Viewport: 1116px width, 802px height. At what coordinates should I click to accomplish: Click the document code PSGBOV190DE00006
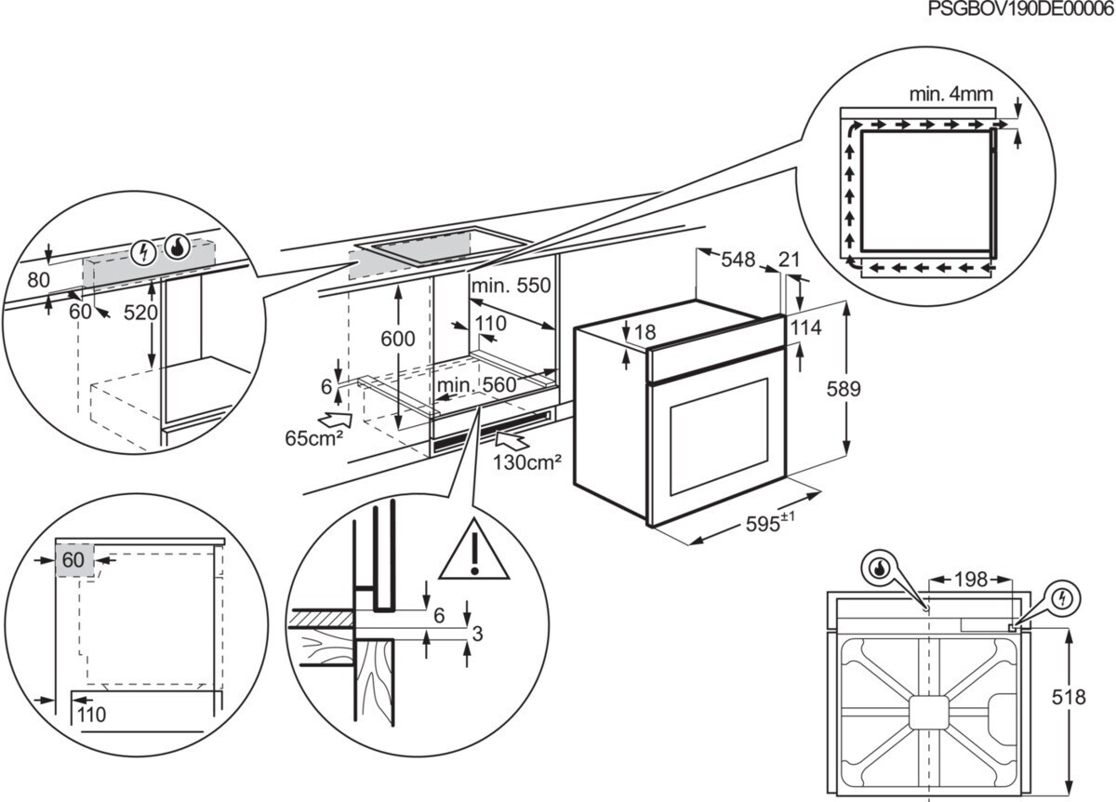[x=1021, y=9]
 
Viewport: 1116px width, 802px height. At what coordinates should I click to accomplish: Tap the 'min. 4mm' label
[x=951, y=94]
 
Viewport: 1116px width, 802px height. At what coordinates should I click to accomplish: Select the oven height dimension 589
[x=844, y=389]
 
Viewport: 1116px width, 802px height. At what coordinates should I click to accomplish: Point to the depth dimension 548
[x=738, y=260]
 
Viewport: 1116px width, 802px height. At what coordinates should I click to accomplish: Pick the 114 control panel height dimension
[x=806, y=327]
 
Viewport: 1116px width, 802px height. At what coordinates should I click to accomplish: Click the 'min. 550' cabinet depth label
[x=511, y=286]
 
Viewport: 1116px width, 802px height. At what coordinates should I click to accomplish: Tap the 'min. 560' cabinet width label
[x=477, y=385]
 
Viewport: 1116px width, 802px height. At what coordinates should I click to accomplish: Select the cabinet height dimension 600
[x=398, y=339]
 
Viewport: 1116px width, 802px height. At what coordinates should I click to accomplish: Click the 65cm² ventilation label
[x=314, y=438]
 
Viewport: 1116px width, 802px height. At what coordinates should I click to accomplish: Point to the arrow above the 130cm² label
[x=512, y=441]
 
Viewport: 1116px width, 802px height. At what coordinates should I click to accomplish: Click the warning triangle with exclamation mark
[x=474, y=550]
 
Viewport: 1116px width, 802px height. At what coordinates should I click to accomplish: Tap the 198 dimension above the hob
[x=971, y=580]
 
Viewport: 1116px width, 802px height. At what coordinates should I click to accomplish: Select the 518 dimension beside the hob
[x=1069, y=697]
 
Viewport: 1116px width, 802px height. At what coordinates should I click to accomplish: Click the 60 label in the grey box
[x=73, y=560]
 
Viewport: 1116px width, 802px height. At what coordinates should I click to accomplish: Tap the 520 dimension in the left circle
[x=140, y=313]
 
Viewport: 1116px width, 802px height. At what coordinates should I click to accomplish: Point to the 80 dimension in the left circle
[x=38, y=280]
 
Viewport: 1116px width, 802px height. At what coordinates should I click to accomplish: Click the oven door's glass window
[x=719, y=436]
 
